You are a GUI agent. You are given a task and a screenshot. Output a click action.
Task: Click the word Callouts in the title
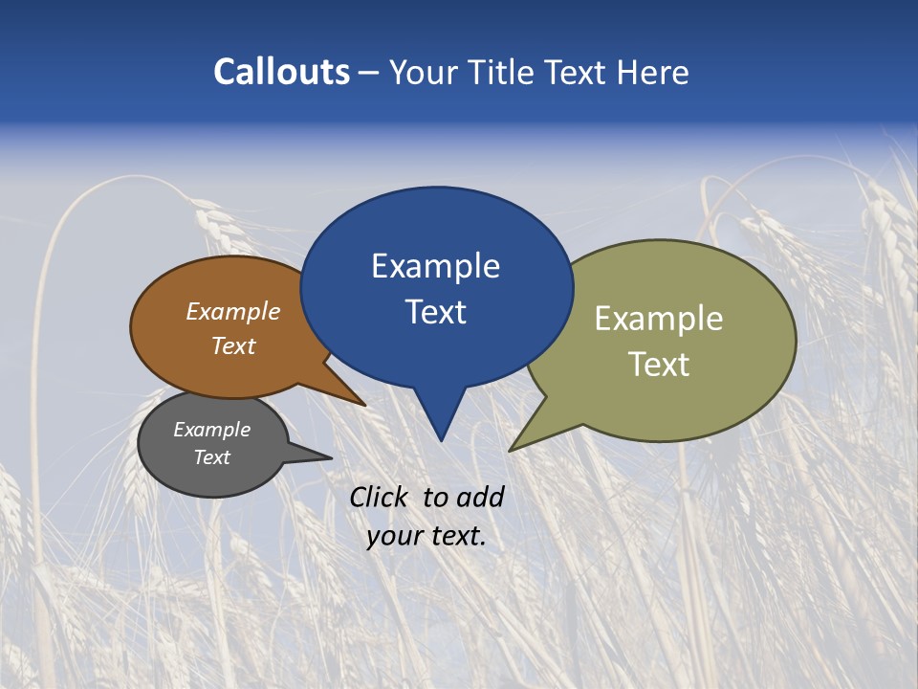pyautogui.click(x=281, y=72)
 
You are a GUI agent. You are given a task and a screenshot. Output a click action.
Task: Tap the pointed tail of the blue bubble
pyautogui.click(x=440, y=421)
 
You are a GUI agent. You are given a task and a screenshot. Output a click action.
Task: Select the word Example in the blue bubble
pyautogui.click(x=435, y=266)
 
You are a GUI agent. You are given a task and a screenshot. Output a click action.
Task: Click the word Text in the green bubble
pyautogui.click(x=659, y=365)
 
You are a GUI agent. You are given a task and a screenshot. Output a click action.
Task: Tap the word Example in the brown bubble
pyautogui.click(x=233, y=312)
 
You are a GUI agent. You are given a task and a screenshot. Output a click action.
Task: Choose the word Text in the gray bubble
pyautogui.click(x=211, y=457)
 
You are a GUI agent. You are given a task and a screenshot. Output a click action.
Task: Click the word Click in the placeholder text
pyautogui.click(x=380, y=497)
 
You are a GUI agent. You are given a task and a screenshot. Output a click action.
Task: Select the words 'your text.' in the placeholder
pyautogui.click(x=426, y=536)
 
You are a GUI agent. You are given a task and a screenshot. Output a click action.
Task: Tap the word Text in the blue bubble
pyautogui.click(x=435, y=312)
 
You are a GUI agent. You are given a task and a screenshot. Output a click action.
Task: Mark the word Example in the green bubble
pyautogui.click(x=659, y=319)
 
